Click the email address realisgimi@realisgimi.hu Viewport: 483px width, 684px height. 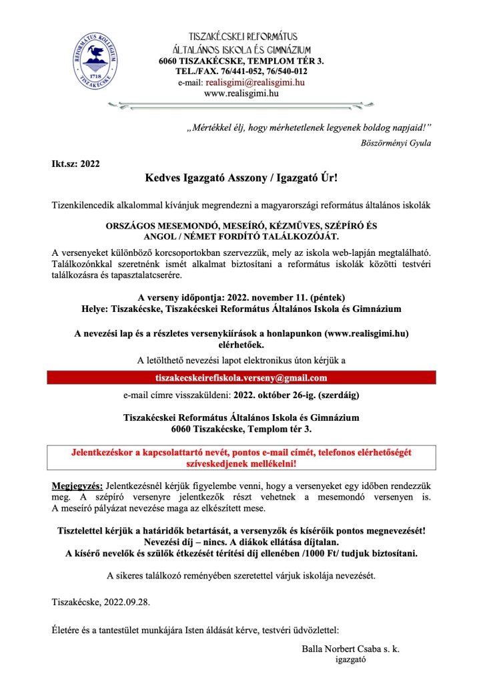point(255,82)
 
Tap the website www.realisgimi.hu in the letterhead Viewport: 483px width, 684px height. point(241,93)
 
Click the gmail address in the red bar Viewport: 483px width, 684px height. point(241,379)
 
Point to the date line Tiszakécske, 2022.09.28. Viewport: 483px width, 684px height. point(101,602)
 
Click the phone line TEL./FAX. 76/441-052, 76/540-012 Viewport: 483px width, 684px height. point(241,71)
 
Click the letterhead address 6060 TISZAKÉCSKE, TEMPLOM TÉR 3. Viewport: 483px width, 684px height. point(241,61)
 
